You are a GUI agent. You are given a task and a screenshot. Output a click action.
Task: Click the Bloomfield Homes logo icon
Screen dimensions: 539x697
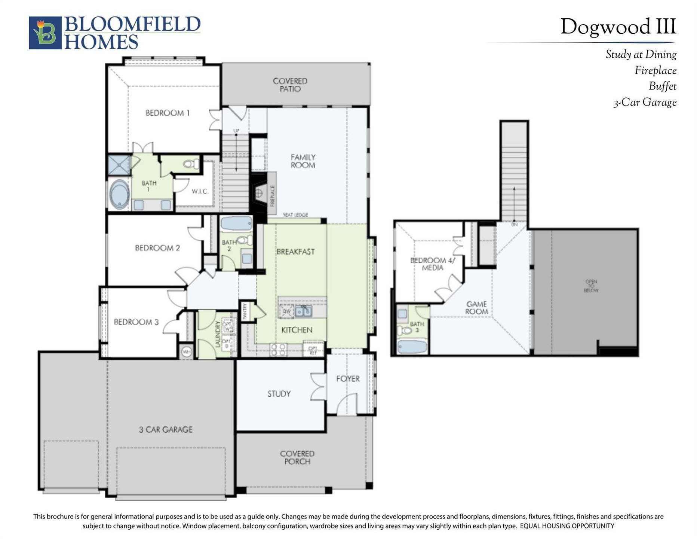[x=45, y=33]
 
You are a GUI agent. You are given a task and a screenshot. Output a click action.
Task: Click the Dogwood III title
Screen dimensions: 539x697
[x=618, y=27]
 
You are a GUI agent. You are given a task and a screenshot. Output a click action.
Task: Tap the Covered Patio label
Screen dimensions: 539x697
[x=290, y=85]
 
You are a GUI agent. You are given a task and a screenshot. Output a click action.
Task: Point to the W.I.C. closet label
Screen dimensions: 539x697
[x=200, y=192]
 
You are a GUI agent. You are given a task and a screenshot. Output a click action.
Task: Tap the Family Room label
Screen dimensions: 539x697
[x=303, y=161]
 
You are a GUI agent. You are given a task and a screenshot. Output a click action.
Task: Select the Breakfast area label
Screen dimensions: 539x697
[x=295, y=252]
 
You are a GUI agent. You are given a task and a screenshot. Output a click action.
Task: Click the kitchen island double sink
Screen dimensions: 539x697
[x=303, y=311]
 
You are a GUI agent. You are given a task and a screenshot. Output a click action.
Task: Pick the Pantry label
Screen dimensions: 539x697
[x=245, y=311]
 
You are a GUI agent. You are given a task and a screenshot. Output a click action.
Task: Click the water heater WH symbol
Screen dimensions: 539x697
[x=186, y=352]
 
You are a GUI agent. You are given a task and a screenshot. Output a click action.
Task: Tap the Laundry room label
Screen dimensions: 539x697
[x=218, y=334]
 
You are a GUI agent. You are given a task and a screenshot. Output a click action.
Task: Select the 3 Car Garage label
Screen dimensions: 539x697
[x=166, y=430]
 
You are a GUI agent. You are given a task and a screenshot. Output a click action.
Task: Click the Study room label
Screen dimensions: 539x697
[x=279, y=394]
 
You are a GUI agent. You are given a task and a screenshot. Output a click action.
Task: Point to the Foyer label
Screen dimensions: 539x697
[x=348, y=379]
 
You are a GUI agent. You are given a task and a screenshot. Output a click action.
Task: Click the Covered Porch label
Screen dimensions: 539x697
[x=297, y=457]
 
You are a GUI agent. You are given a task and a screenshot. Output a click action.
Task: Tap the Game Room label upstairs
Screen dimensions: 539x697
[x=476, y=308]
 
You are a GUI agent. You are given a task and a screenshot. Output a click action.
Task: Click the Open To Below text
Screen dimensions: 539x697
[x=591, y=286]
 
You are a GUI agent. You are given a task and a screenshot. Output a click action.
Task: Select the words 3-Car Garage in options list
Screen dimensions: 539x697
[x=645, y=103]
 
